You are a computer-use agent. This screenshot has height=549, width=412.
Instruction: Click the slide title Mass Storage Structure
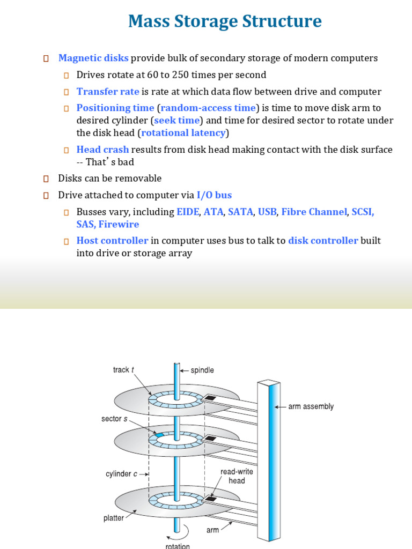pyautogui.click(x=225, y=22)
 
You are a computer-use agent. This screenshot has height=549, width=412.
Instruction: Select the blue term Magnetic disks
pyautogui.click(x=93, y=58)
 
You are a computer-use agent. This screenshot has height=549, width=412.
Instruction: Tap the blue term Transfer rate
pyautogui.click(x=108, y=91)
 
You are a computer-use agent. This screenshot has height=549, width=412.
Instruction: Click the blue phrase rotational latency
pyautogui.click(x=183, y=132)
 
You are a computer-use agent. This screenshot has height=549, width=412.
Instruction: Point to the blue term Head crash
pyautogui.click(x=102, y=149)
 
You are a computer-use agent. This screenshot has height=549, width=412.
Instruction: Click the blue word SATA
pyautogui.click(x=240, y=212)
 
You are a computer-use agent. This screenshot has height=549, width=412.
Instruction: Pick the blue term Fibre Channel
pyautogui.click(x=314, y=212)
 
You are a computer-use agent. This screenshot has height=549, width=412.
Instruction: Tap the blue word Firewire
pyautogui.click(x=119, y=224)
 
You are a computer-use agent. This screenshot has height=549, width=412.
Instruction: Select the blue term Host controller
pyautogui.click(x=112, y=241)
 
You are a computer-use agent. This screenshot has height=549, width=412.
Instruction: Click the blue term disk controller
pyautogui.click(x=323, y=241)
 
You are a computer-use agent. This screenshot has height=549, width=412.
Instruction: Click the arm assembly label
pyautogui.click(x=311, y=406)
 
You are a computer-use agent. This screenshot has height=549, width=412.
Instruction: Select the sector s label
pyautogui.click(x=114, y=419)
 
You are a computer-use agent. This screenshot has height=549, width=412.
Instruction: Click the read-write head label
pyautogui.click(x=237, y=476)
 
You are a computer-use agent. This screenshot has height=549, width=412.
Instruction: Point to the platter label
pyautogui.click(x=113, y=518)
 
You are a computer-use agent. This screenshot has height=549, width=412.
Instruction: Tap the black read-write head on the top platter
pyautogui.click(x=210, y=399)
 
